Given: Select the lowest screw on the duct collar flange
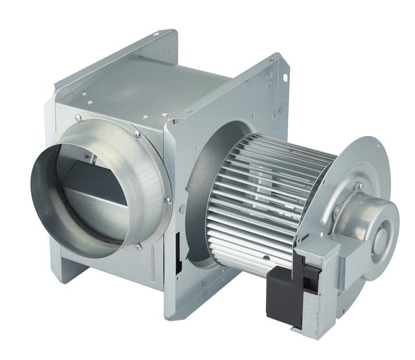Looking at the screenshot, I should tap(138, 247).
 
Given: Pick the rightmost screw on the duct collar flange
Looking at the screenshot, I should tap(168, 200).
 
